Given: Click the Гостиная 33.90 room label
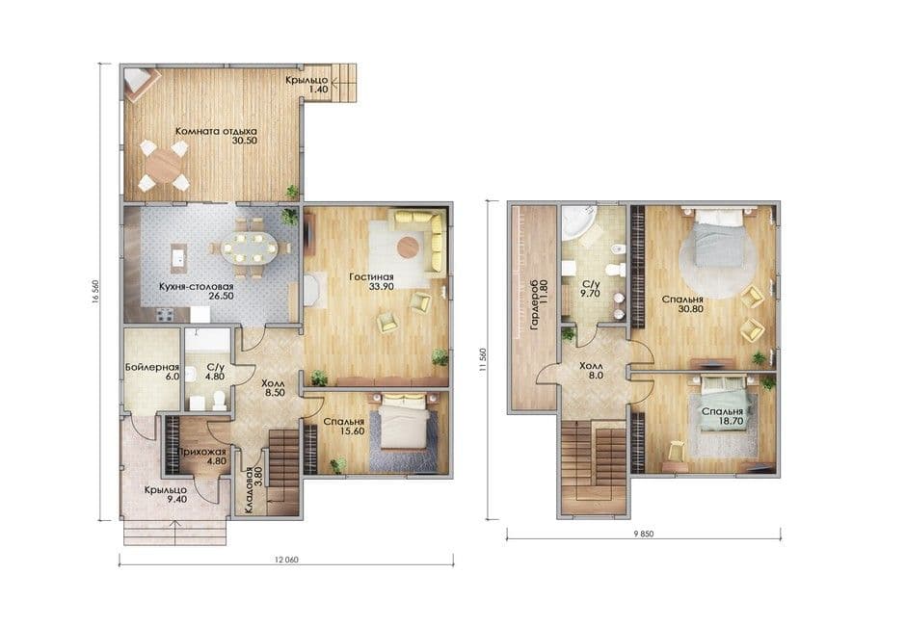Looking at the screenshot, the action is point(371,281).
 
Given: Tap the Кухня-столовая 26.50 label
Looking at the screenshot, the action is point(197,291).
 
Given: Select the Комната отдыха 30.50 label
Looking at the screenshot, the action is point(216,136).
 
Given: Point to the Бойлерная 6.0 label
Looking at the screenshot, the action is point(152,372).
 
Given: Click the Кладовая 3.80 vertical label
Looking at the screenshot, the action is point(253,489).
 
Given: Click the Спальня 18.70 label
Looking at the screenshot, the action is point(722,416).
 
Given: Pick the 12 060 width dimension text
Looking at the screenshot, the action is point(286,560).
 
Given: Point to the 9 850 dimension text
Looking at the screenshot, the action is point(643,535).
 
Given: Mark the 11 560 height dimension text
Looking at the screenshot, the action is point(483,360).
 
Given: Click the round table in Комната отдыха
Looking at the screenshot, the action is point(163,167).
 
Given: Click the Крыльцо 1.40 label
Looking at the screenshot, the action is point(306,85).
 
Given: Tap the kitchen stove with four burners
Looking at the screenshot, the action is point(165,315).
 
